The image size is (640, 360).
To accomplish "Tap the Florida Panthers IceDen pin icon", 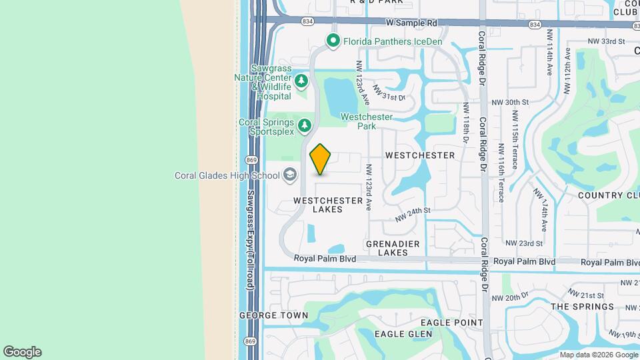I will click(333, 41).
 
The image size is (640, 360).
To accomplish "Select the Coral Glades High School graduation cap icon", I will click(289, 175).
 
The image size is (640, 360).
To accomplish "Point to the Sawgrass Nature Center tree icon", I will click(301, 81).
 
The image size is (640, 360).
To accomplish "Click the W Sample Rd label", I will click(411, 23).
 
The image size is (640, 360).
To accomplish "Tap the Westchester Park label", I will click(367, 121).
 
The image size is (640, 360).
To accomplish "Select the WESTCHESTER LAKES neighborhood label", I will click(328, 205).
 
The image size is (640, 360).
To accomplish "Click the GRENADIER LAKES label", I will click(387, 248).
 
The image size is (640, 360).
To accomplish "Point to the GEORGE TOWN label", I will click(274, 315).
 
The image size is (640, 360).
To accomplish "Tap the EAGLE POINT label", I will click(456, 323).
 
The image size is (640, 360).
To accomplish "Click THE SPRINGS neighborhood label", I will click(577, 307).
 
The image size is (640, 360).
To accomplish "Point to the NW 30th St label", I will click(509, 103).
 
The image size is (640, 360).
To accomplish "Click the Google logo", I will click(22, 352).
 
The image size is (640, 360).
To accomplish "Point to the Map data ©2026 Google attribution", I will click(598, 355).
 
